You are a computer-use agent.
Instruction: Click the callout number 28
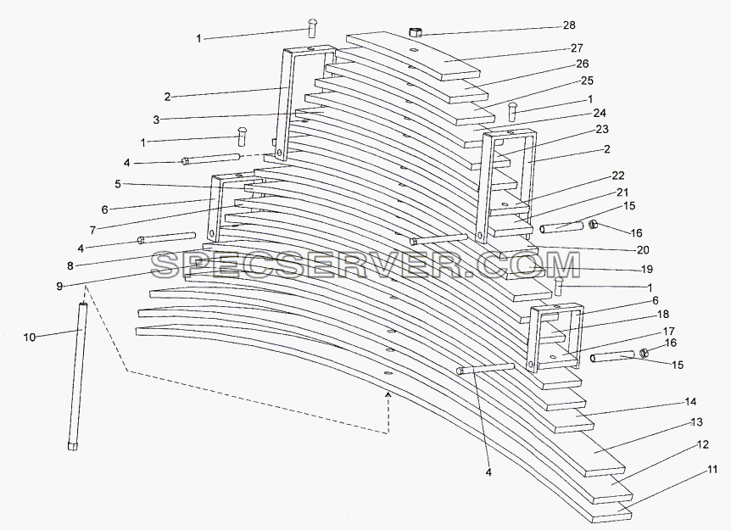[x=569, y=25]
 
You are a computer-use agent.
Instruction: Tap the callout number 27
[x=577, y=48]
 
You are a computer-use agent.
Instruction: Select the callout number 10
[x=30, y=337]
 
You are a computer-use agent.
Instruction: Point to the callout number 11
[x=711, y=470]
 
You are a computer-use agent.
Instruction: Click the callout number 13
[x=696, y=422]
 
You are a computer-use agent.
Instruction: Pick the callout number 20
[x=643, y=250]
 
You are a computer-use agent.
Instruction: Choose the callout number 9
[x=59, y=287]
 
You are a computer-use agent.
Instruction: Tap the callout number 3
[x=156, y=120]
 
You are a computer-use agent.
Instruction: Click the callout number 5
[x=118, y=184]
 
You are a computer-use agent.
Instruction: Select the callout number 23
[x=602, y=129]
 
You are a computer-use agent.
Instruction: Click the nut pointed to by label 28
[x=416, y=32]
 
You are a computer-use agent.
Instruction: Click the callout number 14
[x=690, y=401]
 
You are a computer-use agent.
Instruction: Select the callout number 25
[x=588, y=81]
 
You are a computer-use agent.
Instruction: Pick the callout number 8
[x=70, y=266]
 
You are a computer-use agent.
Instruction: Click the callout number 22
[x=618, y=176]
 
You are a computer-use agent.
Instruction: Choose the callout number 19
[x=647, y=270]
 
